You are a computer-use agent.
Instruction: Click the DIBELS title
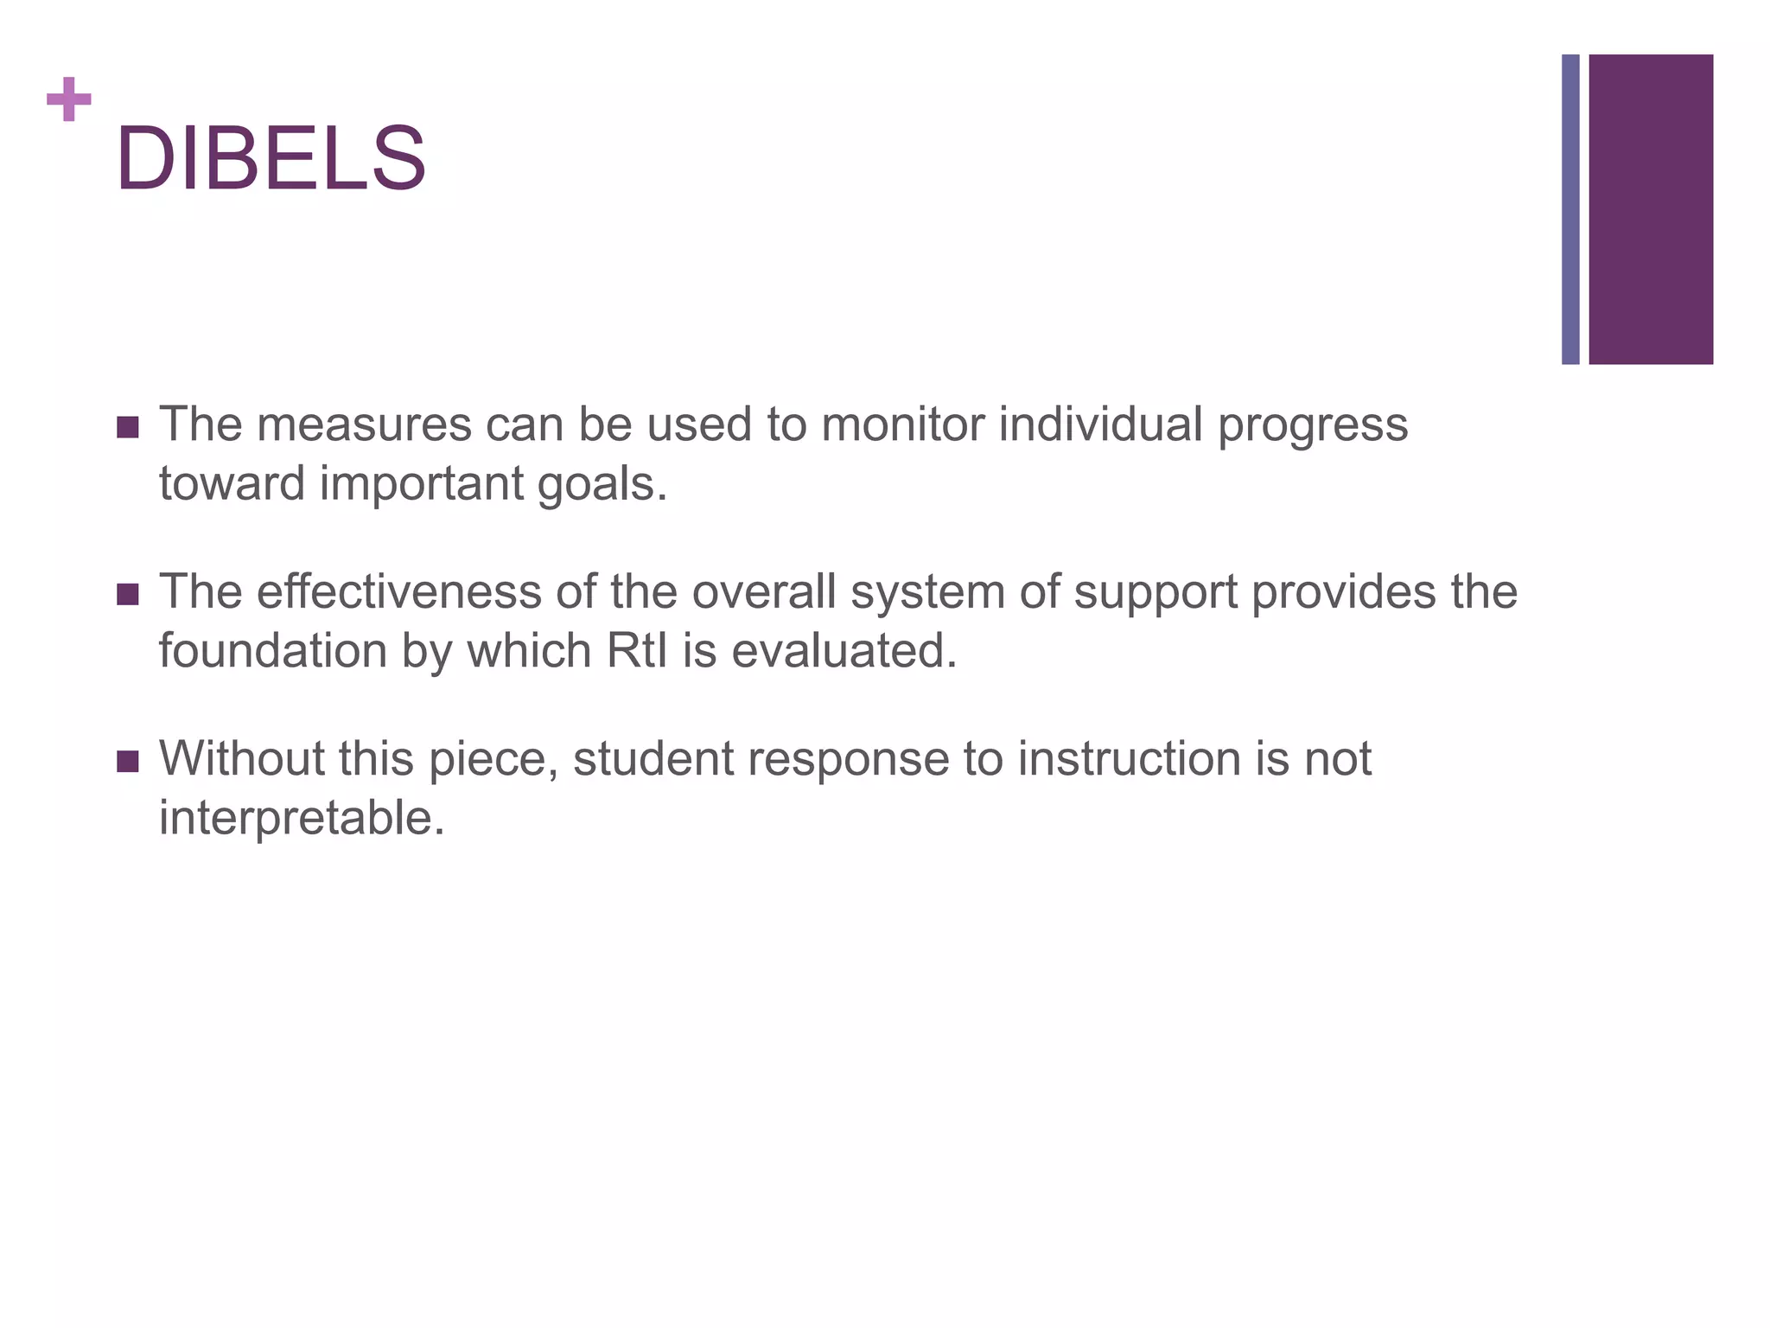[x=271, y=159]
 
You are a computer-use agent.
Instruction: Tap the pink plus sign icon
[x=69, y=99]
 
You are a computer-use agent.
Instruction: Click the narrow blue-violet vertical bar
[x=1570, y=209]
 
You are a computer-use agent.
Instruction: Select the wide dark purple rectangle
[x=1651, y=209]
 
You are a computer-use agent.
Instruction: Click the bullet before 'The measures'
[x=128, y=427]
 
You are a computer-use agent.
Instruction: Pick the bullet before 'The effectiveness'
[x=128, y=595]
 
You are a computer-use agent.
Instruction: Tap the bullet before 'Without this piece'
[x=128, y=762]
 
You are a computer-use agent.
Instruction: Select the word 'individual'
[x=1100, y=425]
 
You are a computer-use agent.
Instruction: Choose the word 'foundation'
[x=272, y=651]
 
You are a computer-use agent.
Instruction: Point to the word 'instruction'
[x=1129, y=759]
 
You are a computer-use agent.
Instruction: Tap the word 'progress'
[x=1313, y=426]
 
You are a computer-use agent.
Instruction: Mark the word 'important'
[x=421, y=484]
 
